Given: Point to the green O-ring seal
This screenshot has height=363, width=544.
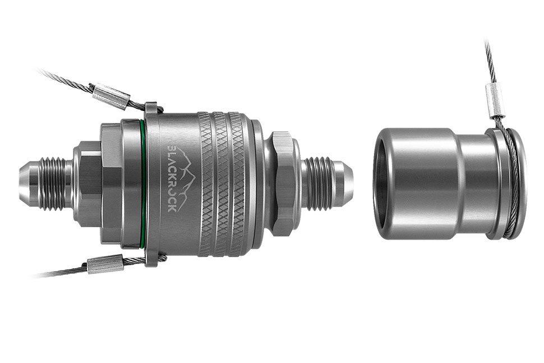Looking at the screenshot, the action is [x=144, y=184].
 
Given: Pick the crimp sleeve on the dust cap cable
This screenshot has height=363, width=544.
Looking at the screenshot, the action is [x=494, y=100].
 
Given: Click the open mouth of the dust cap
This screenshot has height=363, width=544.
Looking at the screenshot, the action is [x=379, y=183].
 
